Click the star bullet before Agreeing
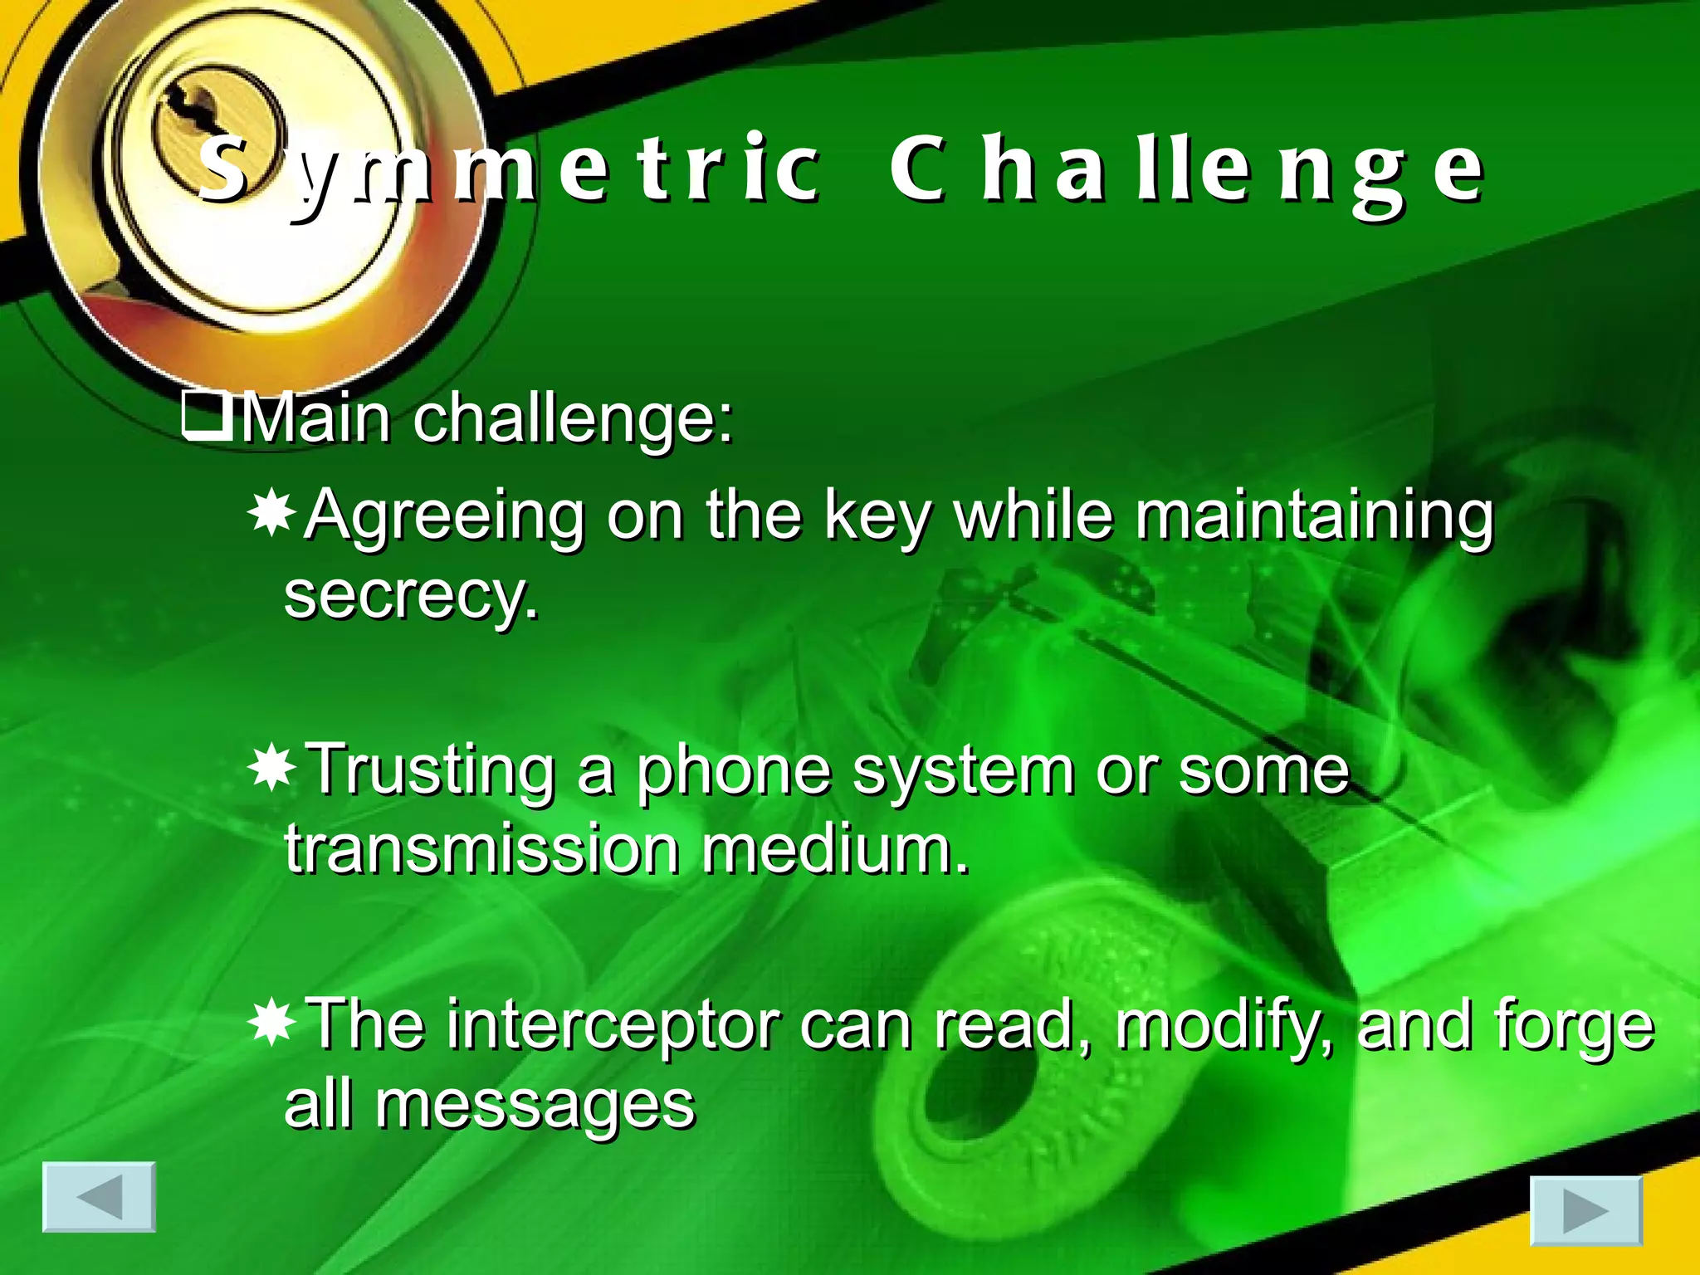pos(271,514)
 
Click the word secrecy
pos(411,596)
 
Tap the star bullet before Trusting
pos(271,769)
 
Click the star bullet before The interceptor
pos(271,1023)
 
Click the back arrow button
pos(99,1196)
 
